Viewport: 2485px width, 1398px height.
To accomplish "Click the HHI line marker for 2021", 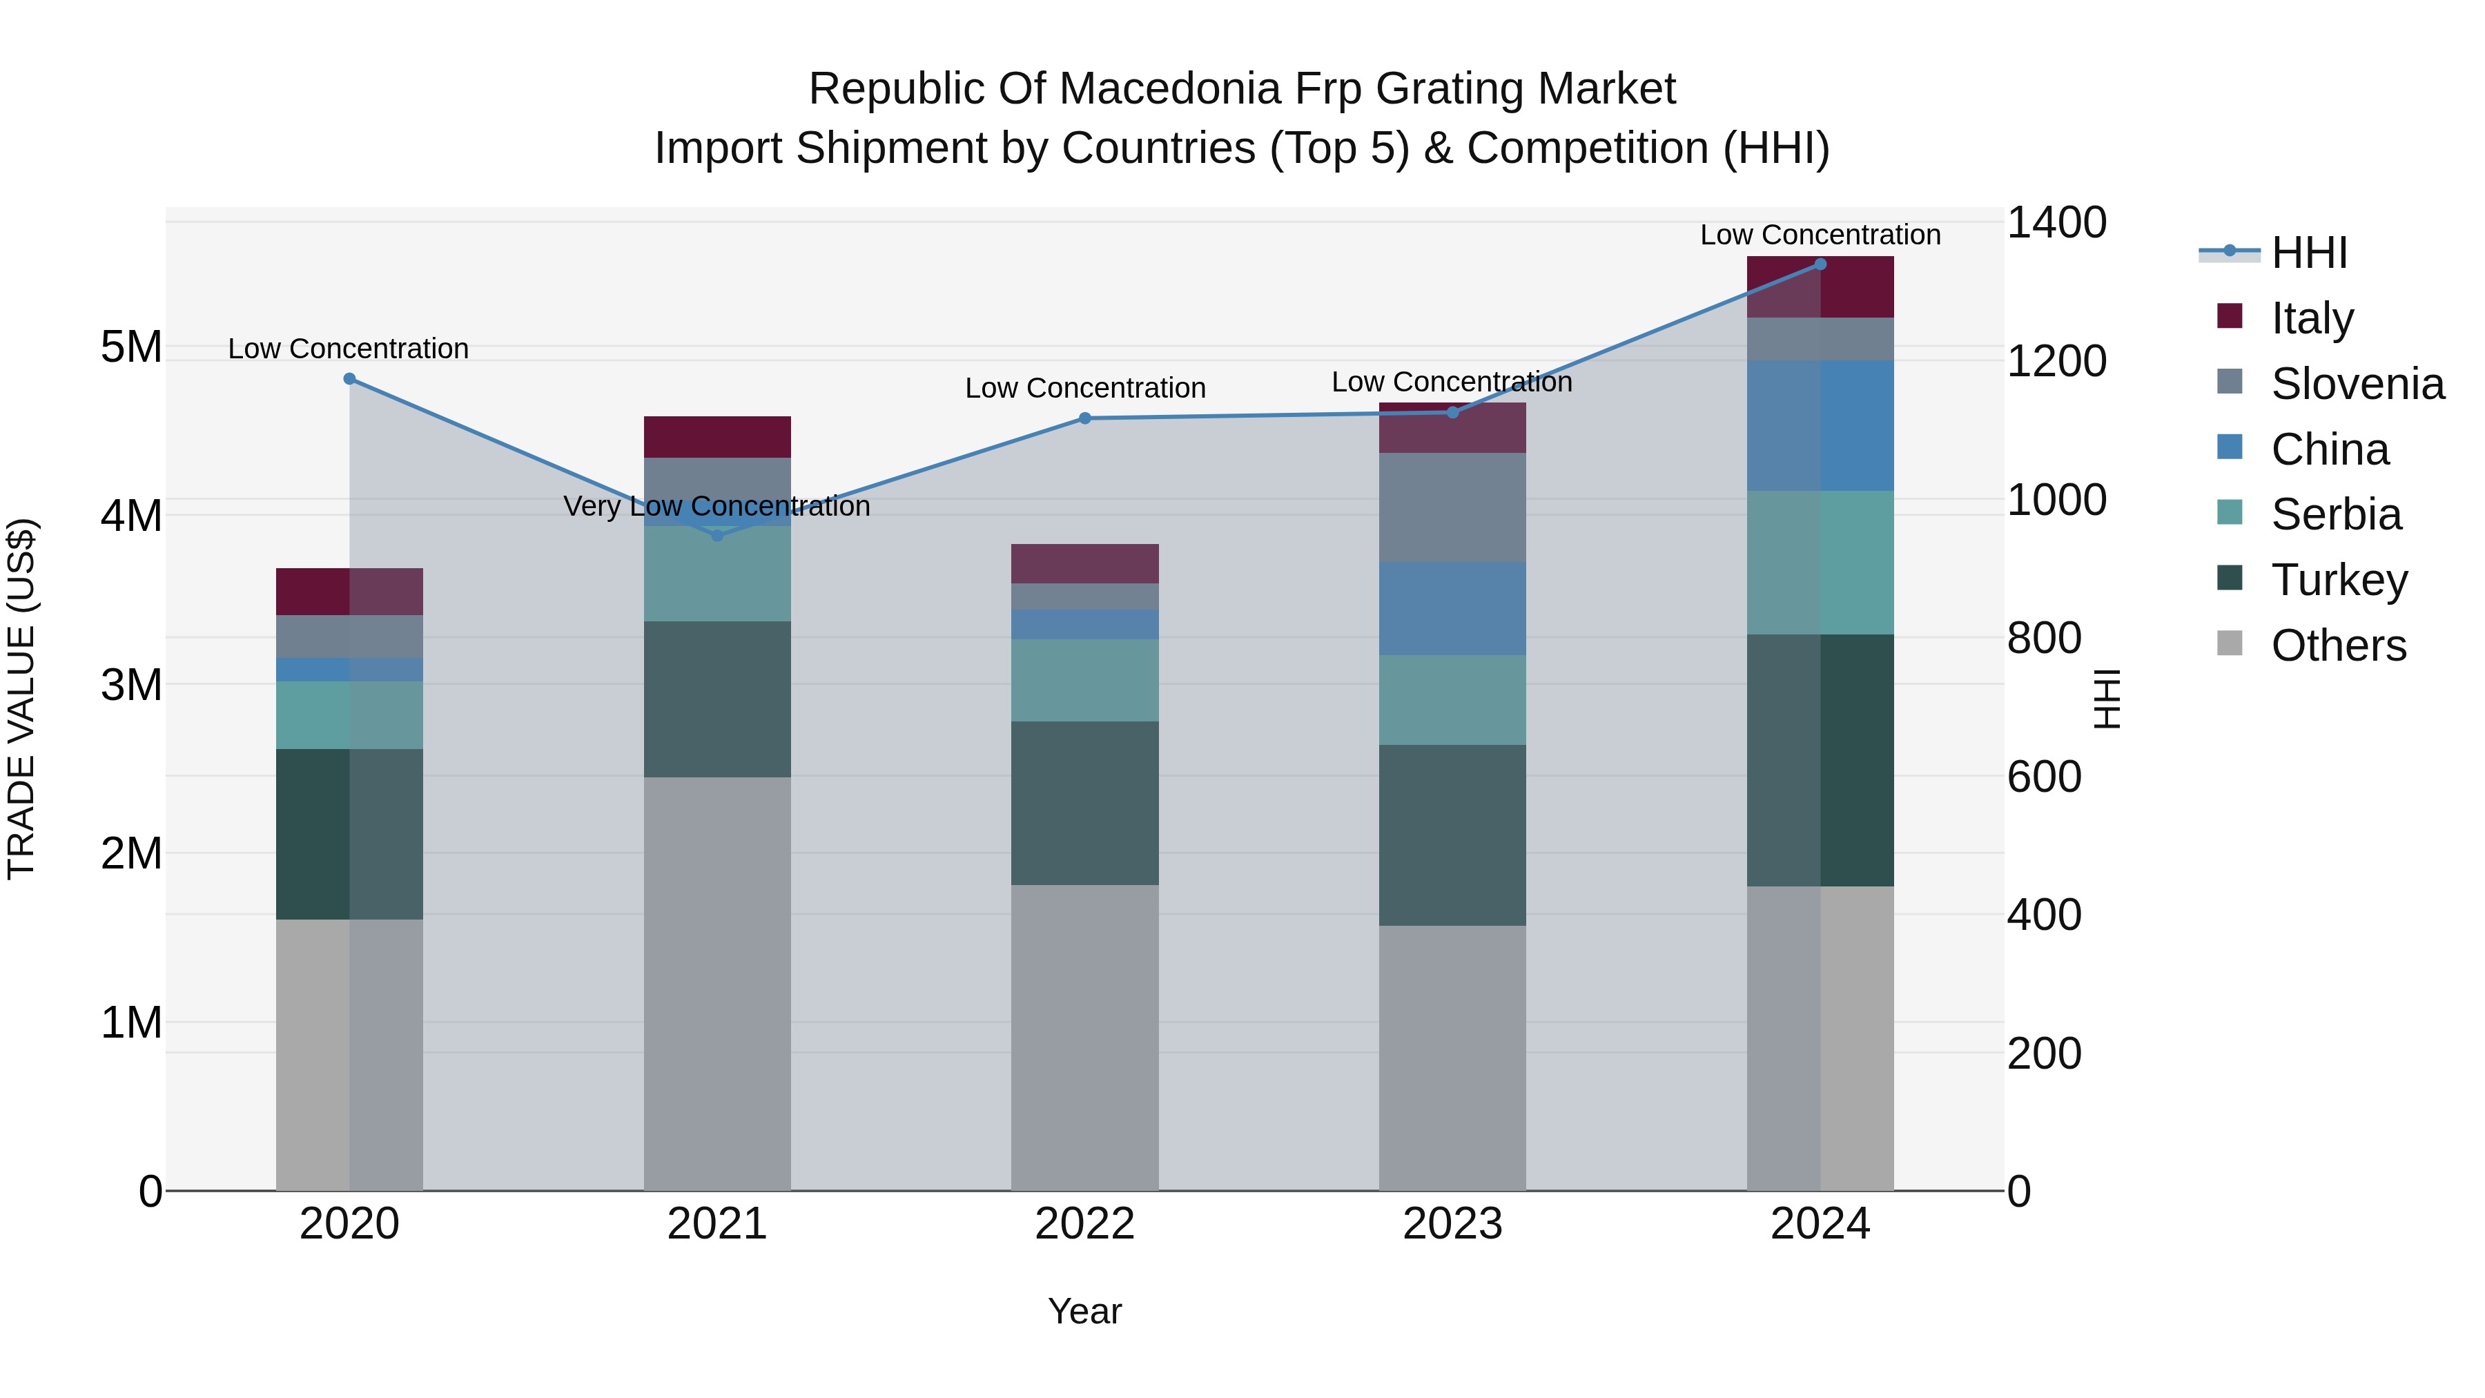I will click(717, 536).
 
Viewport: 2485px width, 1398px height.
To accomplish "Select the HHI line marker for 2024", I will click(1820, 264).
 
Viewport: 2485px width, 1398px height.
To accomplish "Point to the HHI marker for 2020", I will click(349, 379).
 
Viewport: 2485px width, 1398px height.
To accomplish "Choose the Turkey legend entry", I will click(2339, 580).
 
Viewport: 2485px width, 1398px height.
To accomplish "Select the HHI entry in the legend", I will click(2308, 253).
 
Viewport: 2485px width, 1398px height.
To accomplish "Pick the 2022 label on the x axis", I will click(1084, 1224).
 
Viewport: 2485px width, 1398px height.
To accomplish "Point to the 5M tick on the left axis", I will click(131, 347).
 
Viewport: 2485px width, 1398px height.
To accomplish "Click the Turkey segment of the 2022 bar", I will click(1084, 803).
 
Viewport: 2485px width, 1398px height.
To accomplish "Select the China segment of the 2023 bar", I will click(1452, 609).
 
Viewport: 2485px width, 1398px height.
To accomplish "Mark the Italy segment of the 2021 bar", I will click(717, 437).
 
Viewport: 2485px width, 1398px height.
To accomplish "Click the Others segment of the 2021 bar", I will click(717, 984).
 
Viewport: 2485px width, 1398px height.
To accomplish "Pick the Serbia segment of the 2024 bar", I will click(1820, 563).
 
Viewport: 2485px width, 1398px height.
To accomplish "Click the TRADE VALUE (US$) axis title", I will click(21, 699).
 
